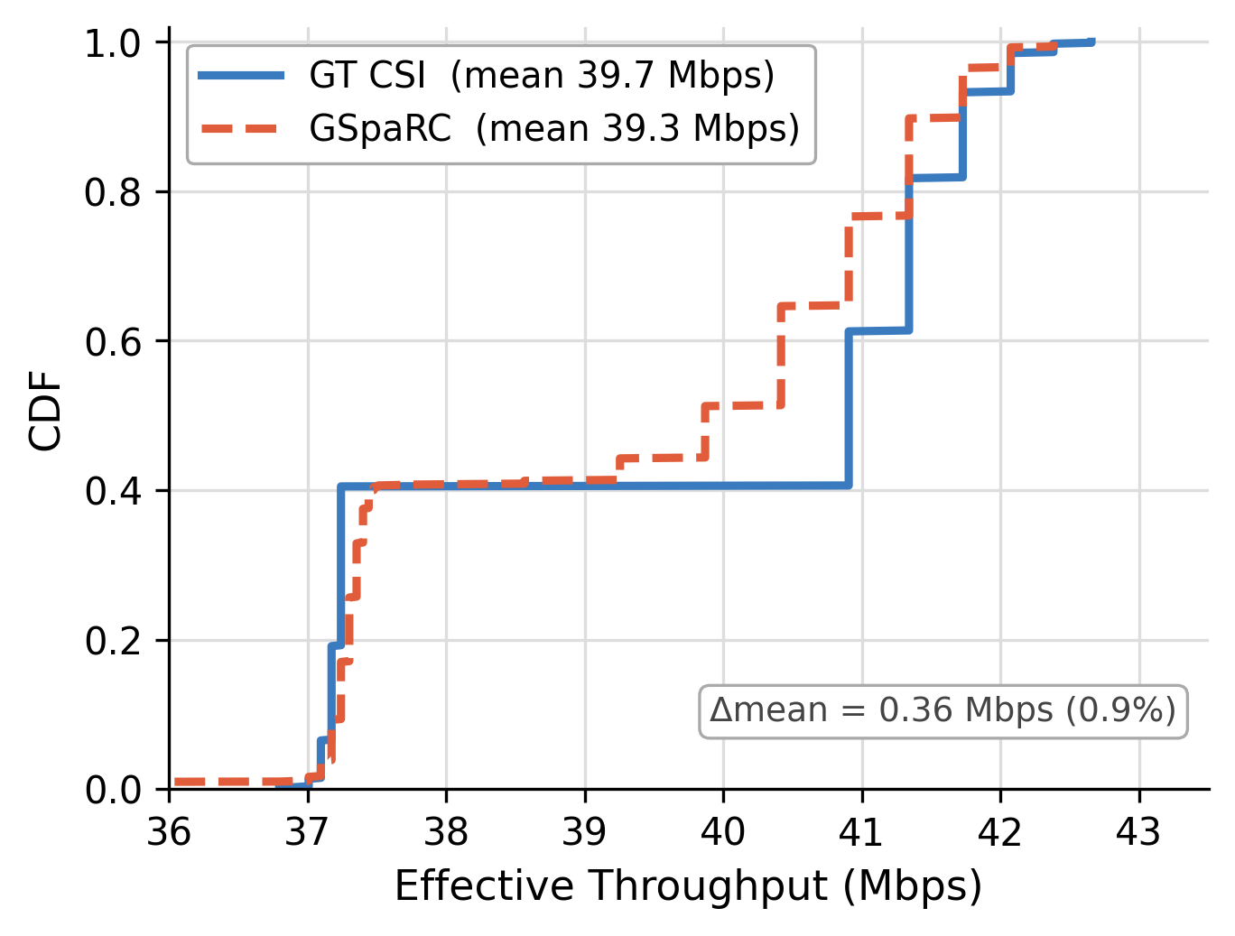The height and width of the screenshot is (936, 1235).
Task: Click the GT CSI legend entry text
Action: pos(542,76)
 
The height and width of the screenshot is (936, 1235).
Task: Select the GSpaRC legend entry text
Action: pos(554,129)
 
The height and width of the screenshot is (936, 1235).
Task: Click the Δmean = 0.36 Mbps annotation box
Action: pos(942,711)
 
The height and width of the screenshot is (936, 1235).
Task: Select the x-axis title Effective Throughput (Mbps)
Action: pos(688,886)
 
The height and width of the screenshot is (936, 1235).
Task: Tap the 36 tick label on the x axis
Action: pos(170,831)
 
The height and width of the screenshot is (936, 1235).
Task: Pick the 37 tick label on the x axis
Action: pos(308,831)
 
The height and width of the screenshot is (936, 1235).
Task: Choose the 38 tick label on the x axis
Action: pos(447,831)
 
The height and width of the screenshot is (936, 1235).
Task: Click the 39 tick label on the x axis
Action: pos(585,831)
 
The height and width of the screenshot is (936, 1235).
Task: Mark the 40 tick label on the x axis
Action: pos(724,831)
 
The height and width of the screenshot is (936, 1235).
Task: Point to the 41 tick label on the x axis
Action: pos(862,831)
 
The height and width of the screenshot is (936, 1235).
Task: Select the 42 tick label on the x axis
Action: pos(1000,831)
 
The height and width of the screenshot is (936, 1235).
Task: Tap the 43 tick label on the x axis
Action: pos(1139,831)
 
